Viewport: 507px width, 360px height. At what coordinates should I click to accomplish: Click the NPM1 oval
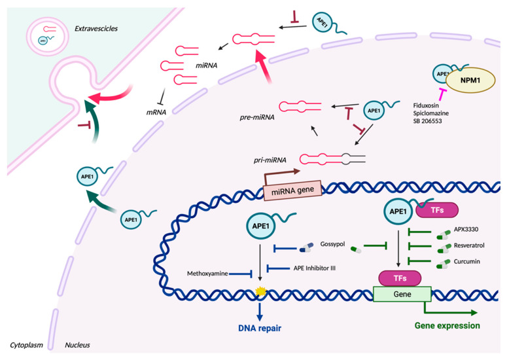tap(470, 81)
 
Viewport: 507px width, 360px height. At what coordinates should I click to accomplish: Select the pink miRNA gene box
tap(292, 190)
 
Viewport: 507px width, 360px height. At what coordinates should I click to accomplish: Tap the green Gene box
tap(402, 294)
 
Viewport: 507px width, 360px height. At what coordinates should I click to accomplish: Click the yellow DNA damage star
tap(260, 291)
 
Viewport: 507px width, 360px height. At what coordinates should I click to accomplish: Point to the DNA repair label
tap(260, 329)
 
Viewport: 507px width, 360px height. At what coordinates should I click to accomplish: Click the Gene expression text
tap(447, 326)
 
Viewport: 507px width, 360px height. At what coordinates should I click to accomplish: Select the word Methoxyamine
tap(207, 274)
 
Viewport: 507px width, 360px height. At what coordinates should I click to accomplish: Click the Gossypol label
tap(332, 244)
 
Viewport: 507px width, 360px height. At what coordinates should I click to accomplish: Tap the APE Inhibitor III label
tap(314, 268)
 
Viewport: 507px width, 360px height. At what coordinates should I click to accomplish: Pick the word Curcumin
tap(466, 261)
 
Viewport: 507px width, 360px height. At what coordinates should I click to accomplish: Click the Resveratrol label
tap(469, 245)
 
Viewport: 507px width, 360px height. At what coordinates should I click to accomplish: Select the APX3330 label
tap(466, 229)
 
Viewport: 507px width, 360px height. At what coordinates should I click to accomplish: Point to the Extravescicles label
tap(96, 28)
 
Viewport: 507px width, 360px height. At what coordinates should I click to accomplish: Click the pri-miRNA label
tap(270, 160)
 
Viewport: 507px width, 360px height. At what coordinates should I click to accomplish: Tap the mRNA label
tap(156, 112)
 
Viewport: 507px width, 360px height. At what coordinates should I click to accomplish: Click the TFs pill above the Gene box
tap(400, 278)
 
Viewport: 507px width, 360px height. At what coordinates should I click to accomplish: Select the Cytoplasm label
tap(26, 345)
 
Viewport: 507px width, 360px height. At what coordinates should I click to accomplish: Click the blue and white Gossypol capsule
tap(307, 248)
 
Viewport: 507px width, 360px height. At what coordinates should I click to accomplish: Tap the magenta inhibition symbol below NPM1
tap(442, 94)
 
